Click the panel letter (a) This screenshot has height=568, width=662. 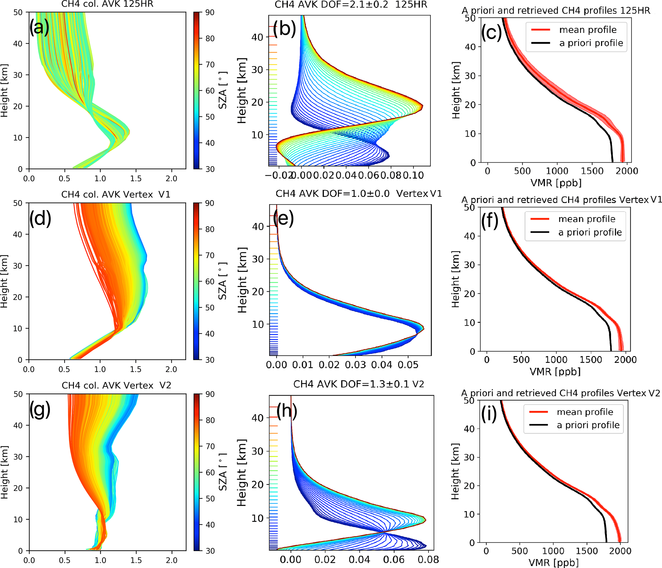tap(39, 28)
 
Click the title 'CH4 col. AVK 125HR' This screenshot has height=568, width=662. tap(107, 4)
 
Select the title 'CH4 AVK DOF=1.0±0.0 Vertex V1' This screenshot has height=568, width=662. tap(358, 194)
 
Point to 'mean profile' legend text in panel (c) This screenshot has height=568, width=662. tap(588, 30)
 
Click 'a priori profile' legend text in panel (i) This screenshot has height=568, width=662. tap(588, 425)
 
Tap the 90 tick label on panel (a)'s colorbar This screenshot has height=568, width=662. tap(210, 12)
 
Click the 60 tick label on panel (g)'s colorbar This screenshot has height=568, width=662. tap(210, 472)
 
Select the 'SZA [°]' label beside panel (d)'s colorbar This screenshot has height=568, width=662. tap(222, 281)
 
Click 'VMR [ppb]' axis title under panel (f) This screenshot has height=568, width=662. tap(555, 371)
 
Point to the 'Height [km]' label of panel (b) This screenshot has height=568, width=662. tap(242, 91)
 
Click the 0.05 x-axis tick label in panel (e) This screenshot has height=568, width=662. tap(410, 365)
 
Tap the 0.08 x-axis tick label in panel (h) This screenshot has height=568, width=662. tap(428, 559)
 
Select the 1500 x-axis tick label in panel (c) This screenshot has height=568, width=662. tap(592, 171)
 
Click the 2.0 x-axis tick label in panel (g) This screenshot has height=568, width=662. tap(172, 560)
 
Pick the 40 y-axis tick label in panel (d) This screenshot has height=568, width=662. tap(18, 234)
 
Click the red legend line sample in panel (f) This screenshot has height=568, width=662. tap(540, 219)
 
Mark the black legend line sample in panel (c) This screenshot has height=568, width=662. tap(541, 43)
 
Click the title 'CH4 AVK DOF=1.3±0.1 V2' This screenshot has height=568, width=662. tap(358, 384)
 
